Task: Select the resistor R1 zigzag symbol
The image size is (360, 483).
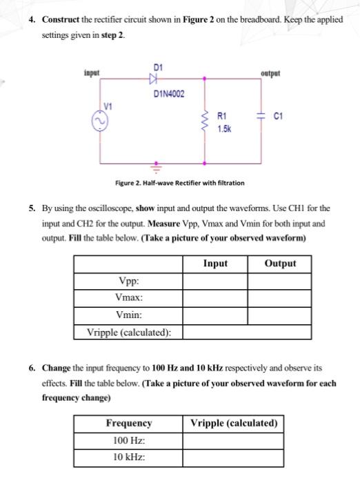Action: [203, 121]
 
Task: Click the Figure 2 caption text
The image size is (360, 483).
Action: [179, 184]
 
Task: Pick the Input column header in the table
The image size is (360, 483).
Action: [215, 264]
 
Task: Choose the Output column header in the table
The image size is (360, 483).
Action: [279, 264]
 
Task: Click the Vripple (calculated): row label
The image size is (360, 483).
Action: [128, 332]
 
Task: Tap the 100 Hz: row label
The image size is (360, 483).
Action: [128, 440]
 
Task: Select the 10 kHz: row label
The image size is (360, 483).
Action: [128, 456]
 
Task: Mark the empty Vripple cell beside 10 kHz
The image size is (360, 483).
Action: [233, 456]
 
